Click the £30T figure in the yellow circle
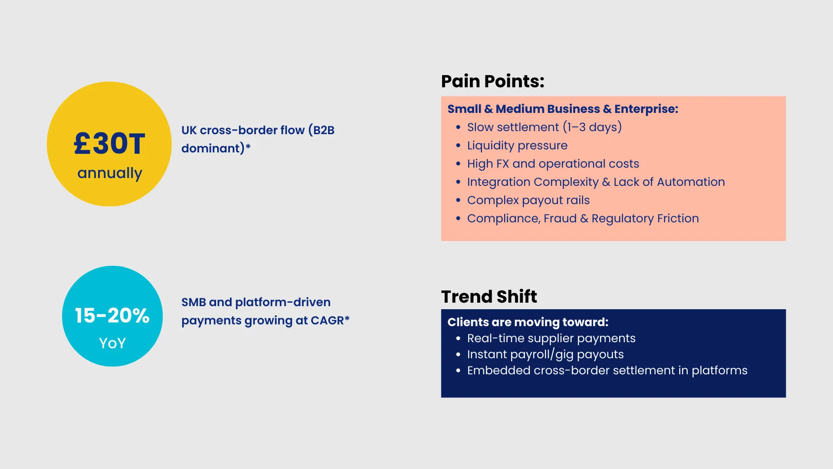pyautogui.click(x=109, y=144)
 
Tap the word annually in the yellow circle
pyautogui.click(x=110, y=173)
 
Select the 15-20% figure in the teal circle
pyautogui.click(x=112, y=316)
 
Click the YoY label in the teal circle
pyautogui.click(x=112, y=343)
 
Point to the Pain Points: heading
pyautogui.click(x=493, y=82)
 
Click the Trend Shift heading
pyautogui.click(x=489, y=297)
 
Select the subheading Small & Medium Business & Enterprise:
pyautogui.click(x=563, y=109)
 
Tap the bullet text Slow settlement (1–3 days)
pyautogui.click(x=544, y=127)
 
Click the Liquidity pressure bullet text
pyautogui.click(x=517, y=145)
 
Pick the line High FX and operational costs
pyautogui.click(x=553, y=164)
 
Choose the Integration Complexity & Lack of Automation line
pyautogui.click(x=596, y=182)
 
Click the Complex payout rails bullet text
pyautogui.click(x=528, y=200)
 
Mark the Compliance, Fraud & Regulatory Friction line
pyautogui.click(x=583, y=218)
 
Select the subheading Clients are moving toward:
pyautogui.click(x=528, y=322)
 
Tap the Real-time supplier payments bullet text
pyautogui.click(x=551, y=338)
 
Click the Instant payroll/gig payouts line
pyautogui.click(x=545, y=354)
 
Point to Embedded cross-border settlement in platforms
pyautogui.click(x=607, y=370)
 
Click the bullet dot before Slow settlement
pyautogui.click(x=458, y=128)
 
